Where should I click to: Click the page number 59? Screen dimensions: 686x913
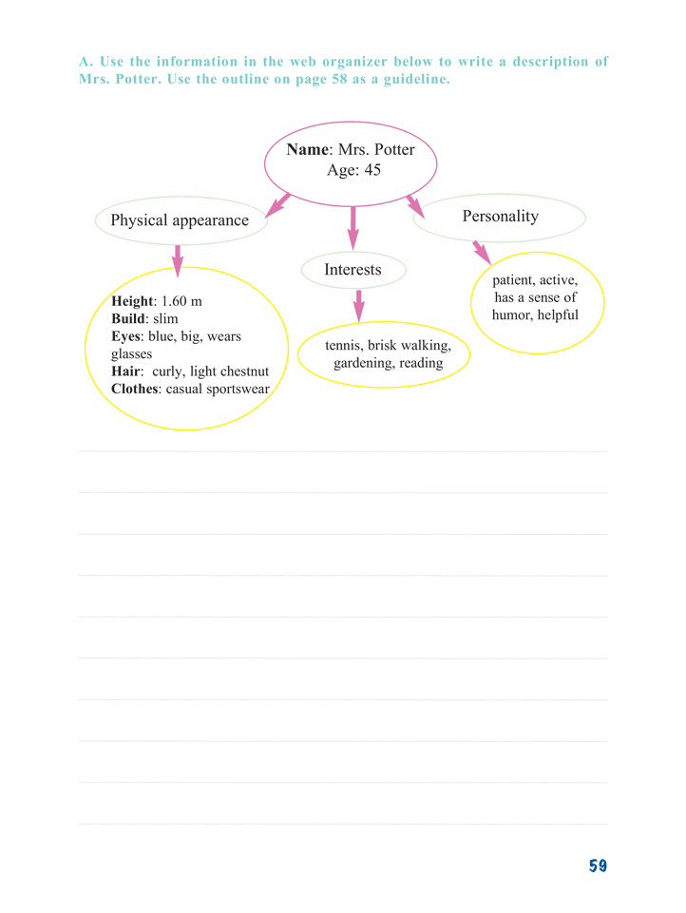[598, 865]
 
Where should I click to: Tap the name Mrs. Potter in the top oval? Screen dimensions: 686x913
[376, 150]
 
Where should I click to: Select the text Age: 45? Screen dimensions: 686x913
[353, 170]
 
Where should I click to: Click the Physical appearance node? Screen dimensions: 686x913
[181, 220]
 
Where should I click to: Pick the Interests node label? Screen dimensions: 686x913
[353, 270]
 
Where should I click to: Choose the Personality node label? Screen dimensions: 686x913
[500, 216]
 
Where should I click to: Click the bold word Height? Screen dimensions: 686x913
[133, 301]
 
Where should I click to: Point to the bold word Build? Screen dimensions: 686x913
[128, 318]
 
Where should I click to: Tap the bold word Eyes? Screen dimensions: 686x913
[126, 336]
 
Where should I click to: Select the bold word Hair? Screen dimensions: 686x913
[126, 371]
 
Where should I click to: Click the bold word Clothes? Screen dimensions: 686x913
[135, 389]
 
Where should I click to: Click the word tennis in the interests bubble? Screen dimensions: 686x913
[344, 345]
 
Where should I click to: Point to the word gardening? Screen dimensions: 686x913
[364, 363]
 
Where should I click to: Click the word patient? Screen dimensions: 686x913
[513, 280]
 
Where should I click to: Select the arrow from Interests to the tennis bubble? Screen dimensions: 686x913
[359, 306]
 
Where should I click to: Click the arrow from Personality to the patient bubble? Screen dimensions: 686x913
[482, 252]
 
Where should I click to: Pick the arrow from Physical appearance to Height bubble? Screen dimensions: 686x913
[178, 260]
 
